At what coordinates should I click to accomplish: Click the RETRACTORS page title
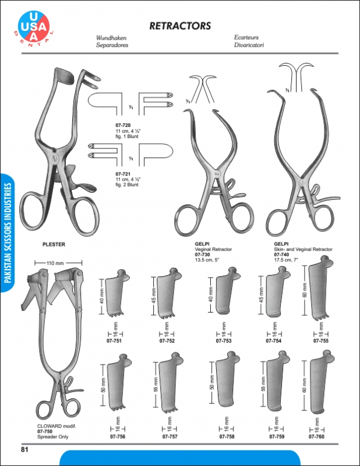click(179, 26)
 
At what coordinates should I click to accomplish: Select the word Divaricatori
click(249, 44)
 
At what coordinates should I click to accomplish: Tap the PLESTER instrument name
click(54, 245)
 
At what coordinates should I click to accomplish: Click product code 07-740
click(281, 254)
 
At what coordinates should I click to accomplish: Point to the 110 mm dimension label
click(55, 264)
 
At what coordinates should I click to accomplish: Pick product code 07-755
click(321, 341)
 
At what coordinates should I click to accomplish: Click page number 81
click(25, 449)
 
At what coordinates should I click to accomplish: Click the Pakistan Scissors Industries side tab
click(8, 233)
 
